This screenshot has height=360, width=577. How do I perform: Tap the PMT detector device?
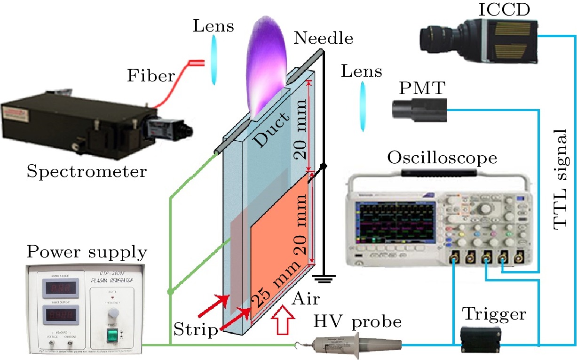(x=419, y=109)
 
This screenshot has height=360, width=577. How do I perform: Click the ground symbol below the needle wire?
(x=323, y=280)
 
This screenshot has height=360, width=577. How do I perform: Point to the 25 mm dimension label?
(x=274, y=288)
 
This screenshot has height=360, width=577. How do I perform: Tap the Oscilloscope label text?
(x=442, y=158)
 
